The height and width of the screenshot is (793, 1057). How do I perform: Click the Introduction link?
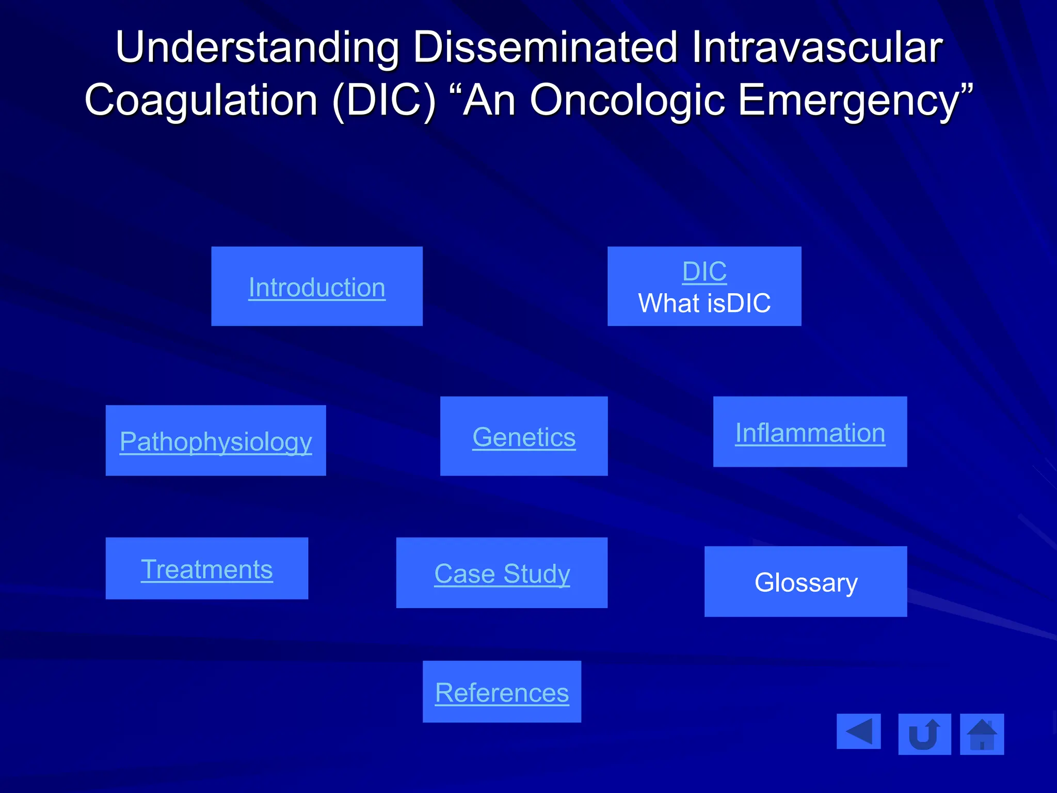coord(316,288)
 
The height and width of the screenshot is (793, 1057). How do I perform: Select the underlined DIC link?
coord(704,272)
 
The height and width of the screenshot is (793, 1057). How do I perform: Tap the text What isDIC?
coord(704,303)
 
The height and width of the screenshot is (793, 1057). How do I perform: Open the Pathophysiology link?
coord(216,442)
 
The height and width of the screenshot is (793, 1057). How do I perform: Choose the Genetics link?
coord(524,437)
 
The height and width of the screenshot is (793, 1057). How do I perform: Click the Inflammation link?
coord(810,433)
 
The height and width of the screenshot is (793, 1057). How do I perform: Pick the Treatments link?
coord(206,569)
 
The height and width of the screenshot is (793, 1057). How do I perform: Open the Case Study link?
coord(502,574)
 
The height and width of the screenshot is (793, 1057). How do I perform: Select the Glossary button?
coord(806,582)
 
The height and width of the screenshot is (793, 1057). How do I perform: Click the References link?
coord(502,692)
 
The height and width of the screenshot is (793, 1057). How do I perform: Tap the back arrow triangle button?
coord(858,732)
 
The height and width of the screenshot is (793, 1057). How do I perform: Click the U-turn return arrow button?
coord(924,734)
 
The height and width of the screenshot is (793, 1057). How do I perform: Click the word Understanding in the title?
coord(257,47)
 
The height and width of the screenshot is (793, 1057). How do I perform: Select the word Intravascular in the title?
coord(817,47)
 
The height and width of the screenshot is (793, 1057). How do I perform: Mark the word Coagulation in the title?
coord(201,100)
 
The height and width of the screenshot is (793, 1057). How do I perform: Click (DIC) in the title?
coord(385,100)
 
